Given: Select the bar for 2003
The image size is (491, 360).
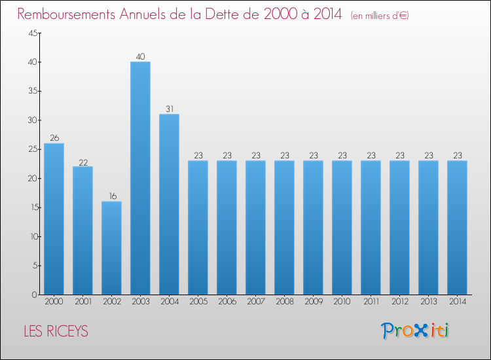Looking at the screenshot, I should coord(140,178).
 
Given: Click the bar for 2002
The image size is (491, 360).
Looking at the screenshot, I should coord(111,248).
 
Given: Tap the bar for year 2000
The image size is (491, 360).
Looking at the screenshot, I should coord(54,219).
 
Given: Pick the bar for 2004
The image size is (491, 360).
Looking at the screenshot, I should coord(169,204).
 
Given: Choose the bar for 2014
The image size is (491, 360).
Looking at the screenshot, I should coord(457,227).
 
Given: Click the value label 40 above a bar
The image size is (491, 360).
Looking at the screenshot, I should coord(140,57).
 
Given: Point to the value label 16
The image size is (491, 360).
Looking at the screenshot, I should coord(111,196).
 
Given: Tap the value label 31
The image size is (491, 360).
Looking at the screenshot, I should coord(169,109).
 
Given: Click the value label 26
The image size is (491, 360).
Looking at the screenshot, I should coord(54,138).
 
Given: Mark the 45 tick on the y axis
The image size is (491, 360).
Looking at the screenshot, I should coord(33,33).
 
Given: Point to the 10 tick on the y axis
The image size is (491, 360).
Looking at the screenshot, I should coord(33,237).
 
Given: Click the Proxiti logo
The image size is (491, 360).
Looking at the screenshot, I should coord(415,331).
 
